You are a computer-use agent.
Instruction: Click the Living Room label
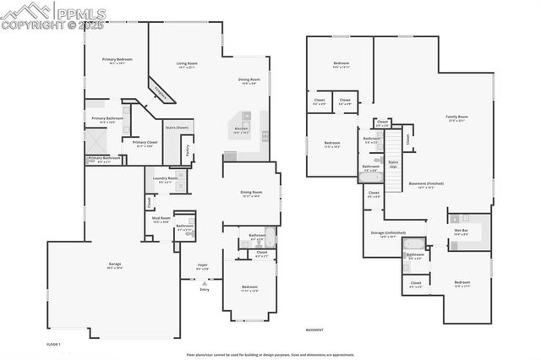tap(186, 64)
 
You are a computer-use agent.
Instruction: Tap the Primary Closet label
tap(139, 145)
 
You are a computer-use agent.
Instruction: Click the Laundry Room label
tap(166, 179)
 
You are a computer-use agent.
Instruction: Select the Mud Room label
tap(161, 219)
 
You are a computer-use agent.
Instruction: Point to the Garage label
tap(114, 265)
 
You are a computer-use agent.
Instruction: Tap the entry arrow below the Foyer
tap(204, 282)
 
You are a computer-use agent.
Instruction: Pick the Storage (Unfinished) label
tap(388, 234)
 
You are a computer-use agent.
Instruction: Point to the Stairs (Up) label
tap(393, 162)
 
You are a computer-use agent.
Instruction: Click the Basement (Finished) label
tap(426, 184)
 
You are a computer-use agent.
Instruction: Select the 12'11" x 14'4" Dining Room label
tap(250, 194)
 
